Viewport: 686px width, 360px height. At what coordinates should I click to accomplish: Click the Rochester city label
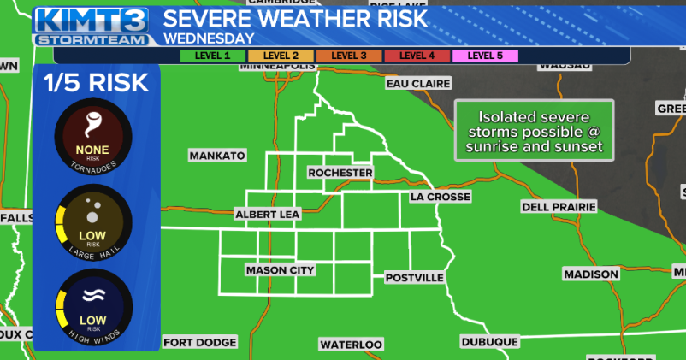[x=340, y=173]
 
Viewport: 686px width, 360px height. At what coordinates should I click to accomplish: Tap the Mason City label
[x=280, y=270]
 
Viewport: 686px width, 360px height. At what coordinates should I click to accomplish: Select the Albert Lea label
[x=267, y=215]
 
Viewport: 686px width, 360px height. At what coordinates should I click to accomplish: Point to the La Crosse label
[x=440, y=197]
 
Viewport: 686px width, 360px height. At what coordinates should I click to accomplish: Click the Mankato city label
[x=216, y=156]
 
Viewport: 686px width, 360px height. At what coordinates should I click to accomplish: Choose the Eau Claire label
[x=415, y=84]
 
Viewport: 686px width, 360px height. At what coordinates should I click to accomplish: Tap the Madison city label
[x=590, y=274]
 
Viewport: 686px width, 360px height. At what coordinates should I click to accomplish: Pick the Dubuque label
[x=489, y=341]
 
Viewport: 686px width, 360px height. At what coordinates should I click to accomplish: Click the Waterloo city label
[x=351, y=344]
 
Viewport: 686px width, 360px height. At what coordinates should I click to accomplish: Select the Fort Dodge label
[x=199, y=342]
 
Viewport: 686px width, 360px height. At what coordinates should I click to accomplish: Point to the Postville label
[x=414, y=278]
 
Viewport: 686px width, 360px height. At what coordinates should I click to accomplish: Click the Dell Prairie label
[x=557, y=207]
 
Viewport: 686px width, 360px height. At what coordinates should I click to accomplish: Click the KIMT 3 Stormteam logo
[x=92, y=26]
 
